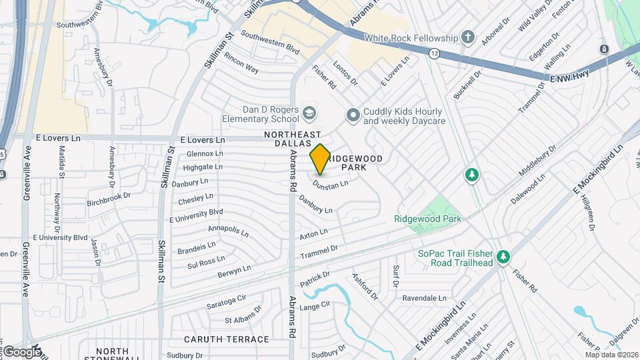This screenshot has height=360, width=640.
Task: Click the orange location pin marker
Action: (320, 159)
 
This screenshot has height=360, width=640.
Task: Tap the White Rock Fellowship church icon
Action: (469, 37)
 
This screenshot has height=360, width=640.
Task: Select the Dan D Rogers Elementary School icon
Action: (309, 113)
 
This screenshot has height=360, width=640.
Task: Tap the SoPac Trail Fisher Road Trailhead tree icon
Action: (504, 257)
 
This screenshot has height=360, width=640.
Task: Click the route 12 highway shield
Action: (434, 53)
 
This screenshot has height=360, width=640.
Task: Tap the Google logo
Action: (21, 351)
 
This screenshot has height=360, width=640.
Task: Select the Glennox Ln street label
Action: (204, 153)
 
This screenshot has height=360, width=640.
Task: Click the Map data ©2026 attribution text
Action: (611, 354)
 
